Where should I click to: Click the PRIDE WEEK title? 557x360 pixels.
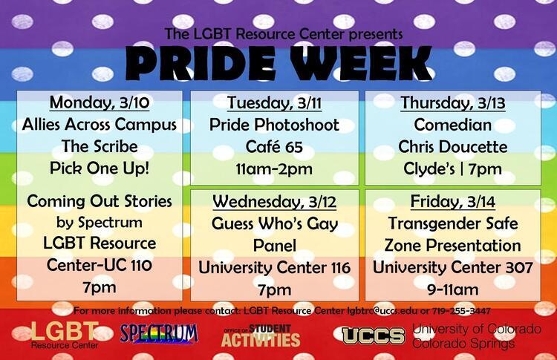pyautogui.click(x=278, y=63)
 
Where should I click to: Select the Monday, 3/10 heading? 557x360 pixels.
pyautogui.click(x=100, y=102)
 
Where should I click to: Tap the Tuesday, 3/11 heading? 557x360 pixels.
pyautogui.click(x=274, y=103)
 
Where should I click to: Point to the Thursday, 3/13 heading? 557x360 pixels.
pyautogui.click(x=453, y=103)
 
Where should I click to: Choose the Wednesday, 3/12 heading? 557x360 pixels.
pyautogui.click(x=274, y=202)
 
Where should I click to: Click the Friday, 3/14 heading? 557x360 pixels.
pyautogui.click(x=453, y=202)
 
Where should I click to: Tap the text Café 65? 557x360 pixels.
pyautogui.click(x=274, y=147)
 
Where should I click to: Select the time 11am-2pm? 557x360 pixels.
pyautogui.click(x=274, y=169)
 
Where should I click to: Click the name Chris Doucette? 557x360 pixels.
pyautogui.click(x=453, y=147)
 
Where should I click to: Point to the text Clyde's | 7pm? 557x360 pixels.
pyautogui.click(x=453, y=169)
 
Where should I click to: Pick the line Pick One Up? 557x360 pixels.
pyautogui.click(x=100, y=168)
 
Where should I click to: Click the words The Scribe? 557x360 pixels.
pyautogui.click(x=100, y=146)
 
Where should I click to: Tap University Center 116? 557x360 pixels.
pyautogui.click(x=274, y=268)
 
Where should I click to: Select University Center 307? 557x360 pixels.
pyautogui.click(x=453, y=268)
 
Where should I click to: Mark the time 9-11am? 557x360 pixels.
pyautogui.click(x=453, y=289)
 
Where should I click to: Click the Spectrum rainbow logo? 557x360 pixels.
pyautogui.click(x=159, y=334)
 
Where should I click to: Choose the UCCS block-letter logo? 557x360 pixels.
pyautogui.click(x=374, y=336)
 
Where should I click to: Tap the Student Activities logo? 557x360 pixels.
pyautogui.click(x=261, y=336)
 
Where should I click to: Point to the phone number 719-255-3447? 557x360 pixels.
pyautogui.click(x=461, y=311)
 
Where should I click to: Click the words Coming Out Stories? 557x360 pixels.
pyautogui.click(x=100, y=201)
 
